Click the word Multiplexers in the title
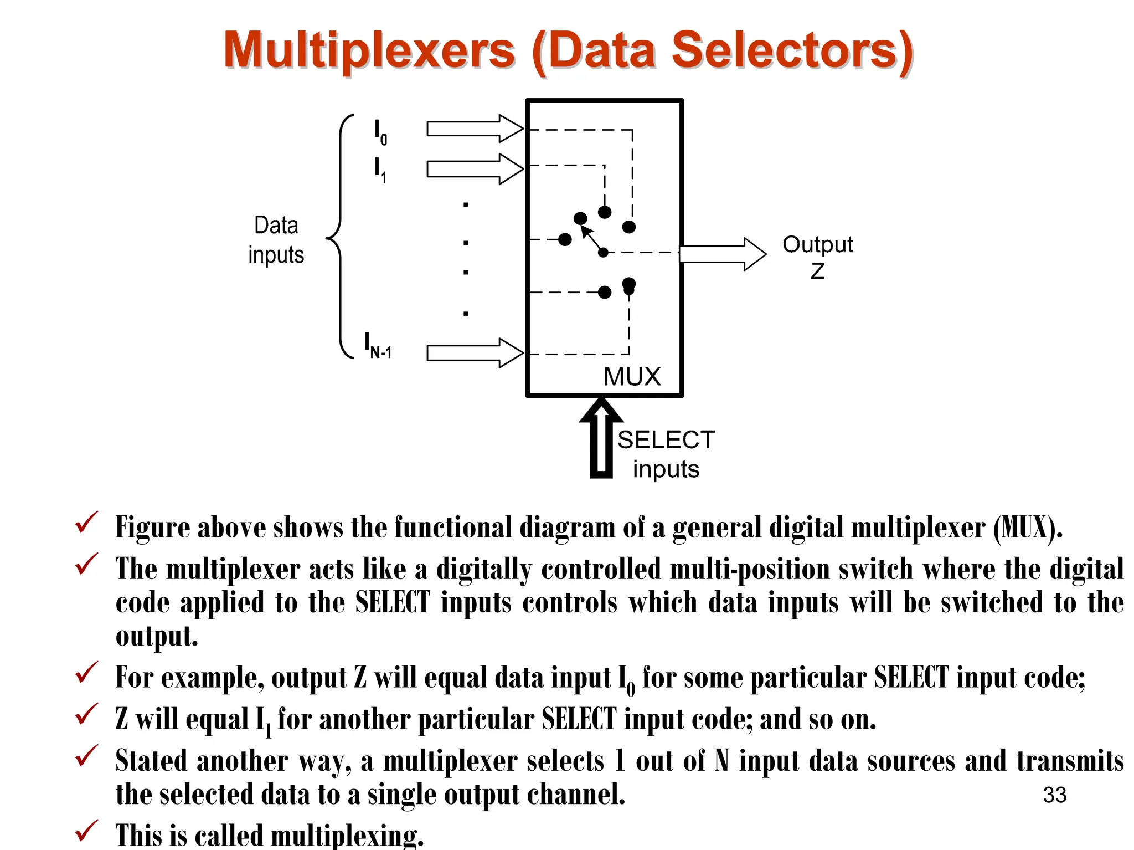click(x=369, y=51)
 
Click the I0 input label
click(x=380, y=132)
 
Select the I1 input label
click(x=380, y=170)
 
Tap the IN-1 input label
click(x=378, y=346)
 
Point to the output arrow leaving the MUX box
click(x=722, y=254)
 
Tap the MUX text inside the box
click(x=632, y=377)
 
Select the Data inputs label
click(x=276, y=240)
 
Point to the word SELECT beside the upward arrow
click(x=666, y=440)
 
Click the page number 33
click(x=1054, y=795)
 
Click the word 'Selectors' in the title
click(x=792, y=51)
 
